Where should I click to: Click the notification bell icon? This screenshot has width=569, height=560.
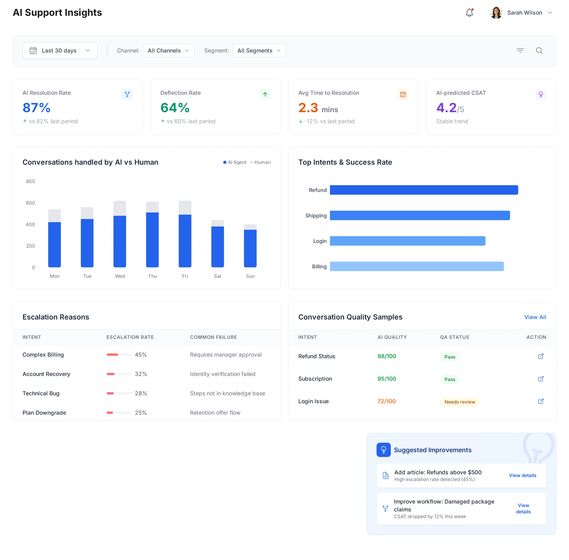[x=469, y=13]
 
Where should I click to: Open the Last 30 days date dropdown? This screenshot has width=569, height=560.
[x=60, y=51]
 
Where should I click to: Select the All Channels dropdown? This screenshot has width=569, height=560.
[x=168, y=51]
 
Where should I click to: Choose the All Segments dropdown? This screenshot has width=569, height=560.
[x=259, y=51]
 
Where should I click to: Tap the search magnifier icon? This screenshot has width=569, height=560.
[x=539, y=51]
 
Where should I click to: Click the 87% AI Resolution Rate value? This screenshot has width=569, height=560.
[x=37, y=108]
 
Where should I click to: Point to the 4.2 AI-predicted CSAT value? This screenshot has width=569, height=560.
[x=446, y=108]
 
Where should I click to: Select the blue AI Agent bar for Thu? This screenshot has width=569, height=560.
[x=152, y=240]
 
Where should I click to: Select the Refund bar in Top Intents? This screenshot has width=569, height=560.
[x=424, y=190]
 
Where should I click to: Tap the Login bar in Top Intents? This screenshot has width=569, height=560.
[x=407, y=241]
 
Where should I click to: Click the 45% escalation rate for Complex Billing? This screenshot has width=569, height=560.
[x=141, y=355]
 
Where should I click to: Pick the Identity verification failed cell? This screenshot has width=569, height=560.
[x=222, y=374]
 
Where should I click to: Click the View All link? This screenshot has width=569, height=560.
[x=535, y=317]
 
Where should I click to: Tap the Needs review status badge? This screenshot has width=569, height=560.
[x=460, y=402]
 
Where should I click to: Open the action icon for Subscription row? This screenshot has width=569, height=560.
[x=541, y=379]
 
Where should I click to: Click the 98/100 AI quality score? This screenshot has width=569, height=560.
[x=387, y=356]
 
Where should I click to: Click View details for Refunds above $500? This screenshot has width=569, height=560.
[x=522, y=475]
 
